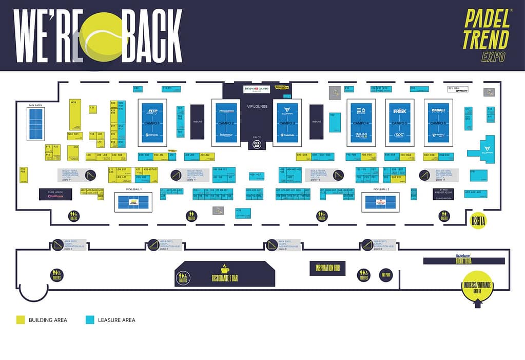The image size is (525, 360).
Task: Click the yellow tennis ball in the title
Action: click(x=104, y=37)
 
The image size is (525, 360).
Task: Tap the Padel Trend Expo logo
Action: click(x=487, y=35)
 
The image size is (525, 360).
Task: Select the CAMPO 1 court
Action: click(x=152, y=123)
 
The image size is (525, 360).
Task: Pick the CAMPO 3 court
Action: click(x=287, y=123)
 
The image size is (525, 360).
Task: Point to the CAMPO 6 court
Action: click(x=438, y=123)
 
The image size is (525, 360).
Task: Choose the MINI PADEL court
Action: click(x=36, y=123)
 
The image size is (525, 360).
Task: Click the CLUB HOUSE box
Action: click(x=55, y=194)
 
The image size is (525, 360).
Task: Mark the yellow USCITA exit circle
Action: click(x=478, y=220)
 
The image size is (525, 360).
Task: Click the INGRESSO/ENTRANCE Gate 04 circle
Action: click(x=477, y=288)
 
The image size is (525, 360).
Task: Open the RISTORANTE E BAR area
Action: click(x=225, y=274)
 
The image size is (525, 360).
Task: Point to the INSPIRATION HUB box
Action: click(x=327, y=268)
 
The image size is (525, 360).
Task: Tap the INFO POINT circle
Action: click(x=386, y=275)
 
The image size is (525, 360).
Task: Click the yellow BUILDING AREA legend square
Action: click(x=21, y=320)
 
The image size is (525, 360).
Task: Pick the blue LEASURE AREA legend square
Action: click(x=90, y=320)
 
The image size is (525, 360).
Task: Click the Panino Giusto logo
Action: click(x=257, y=89)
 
